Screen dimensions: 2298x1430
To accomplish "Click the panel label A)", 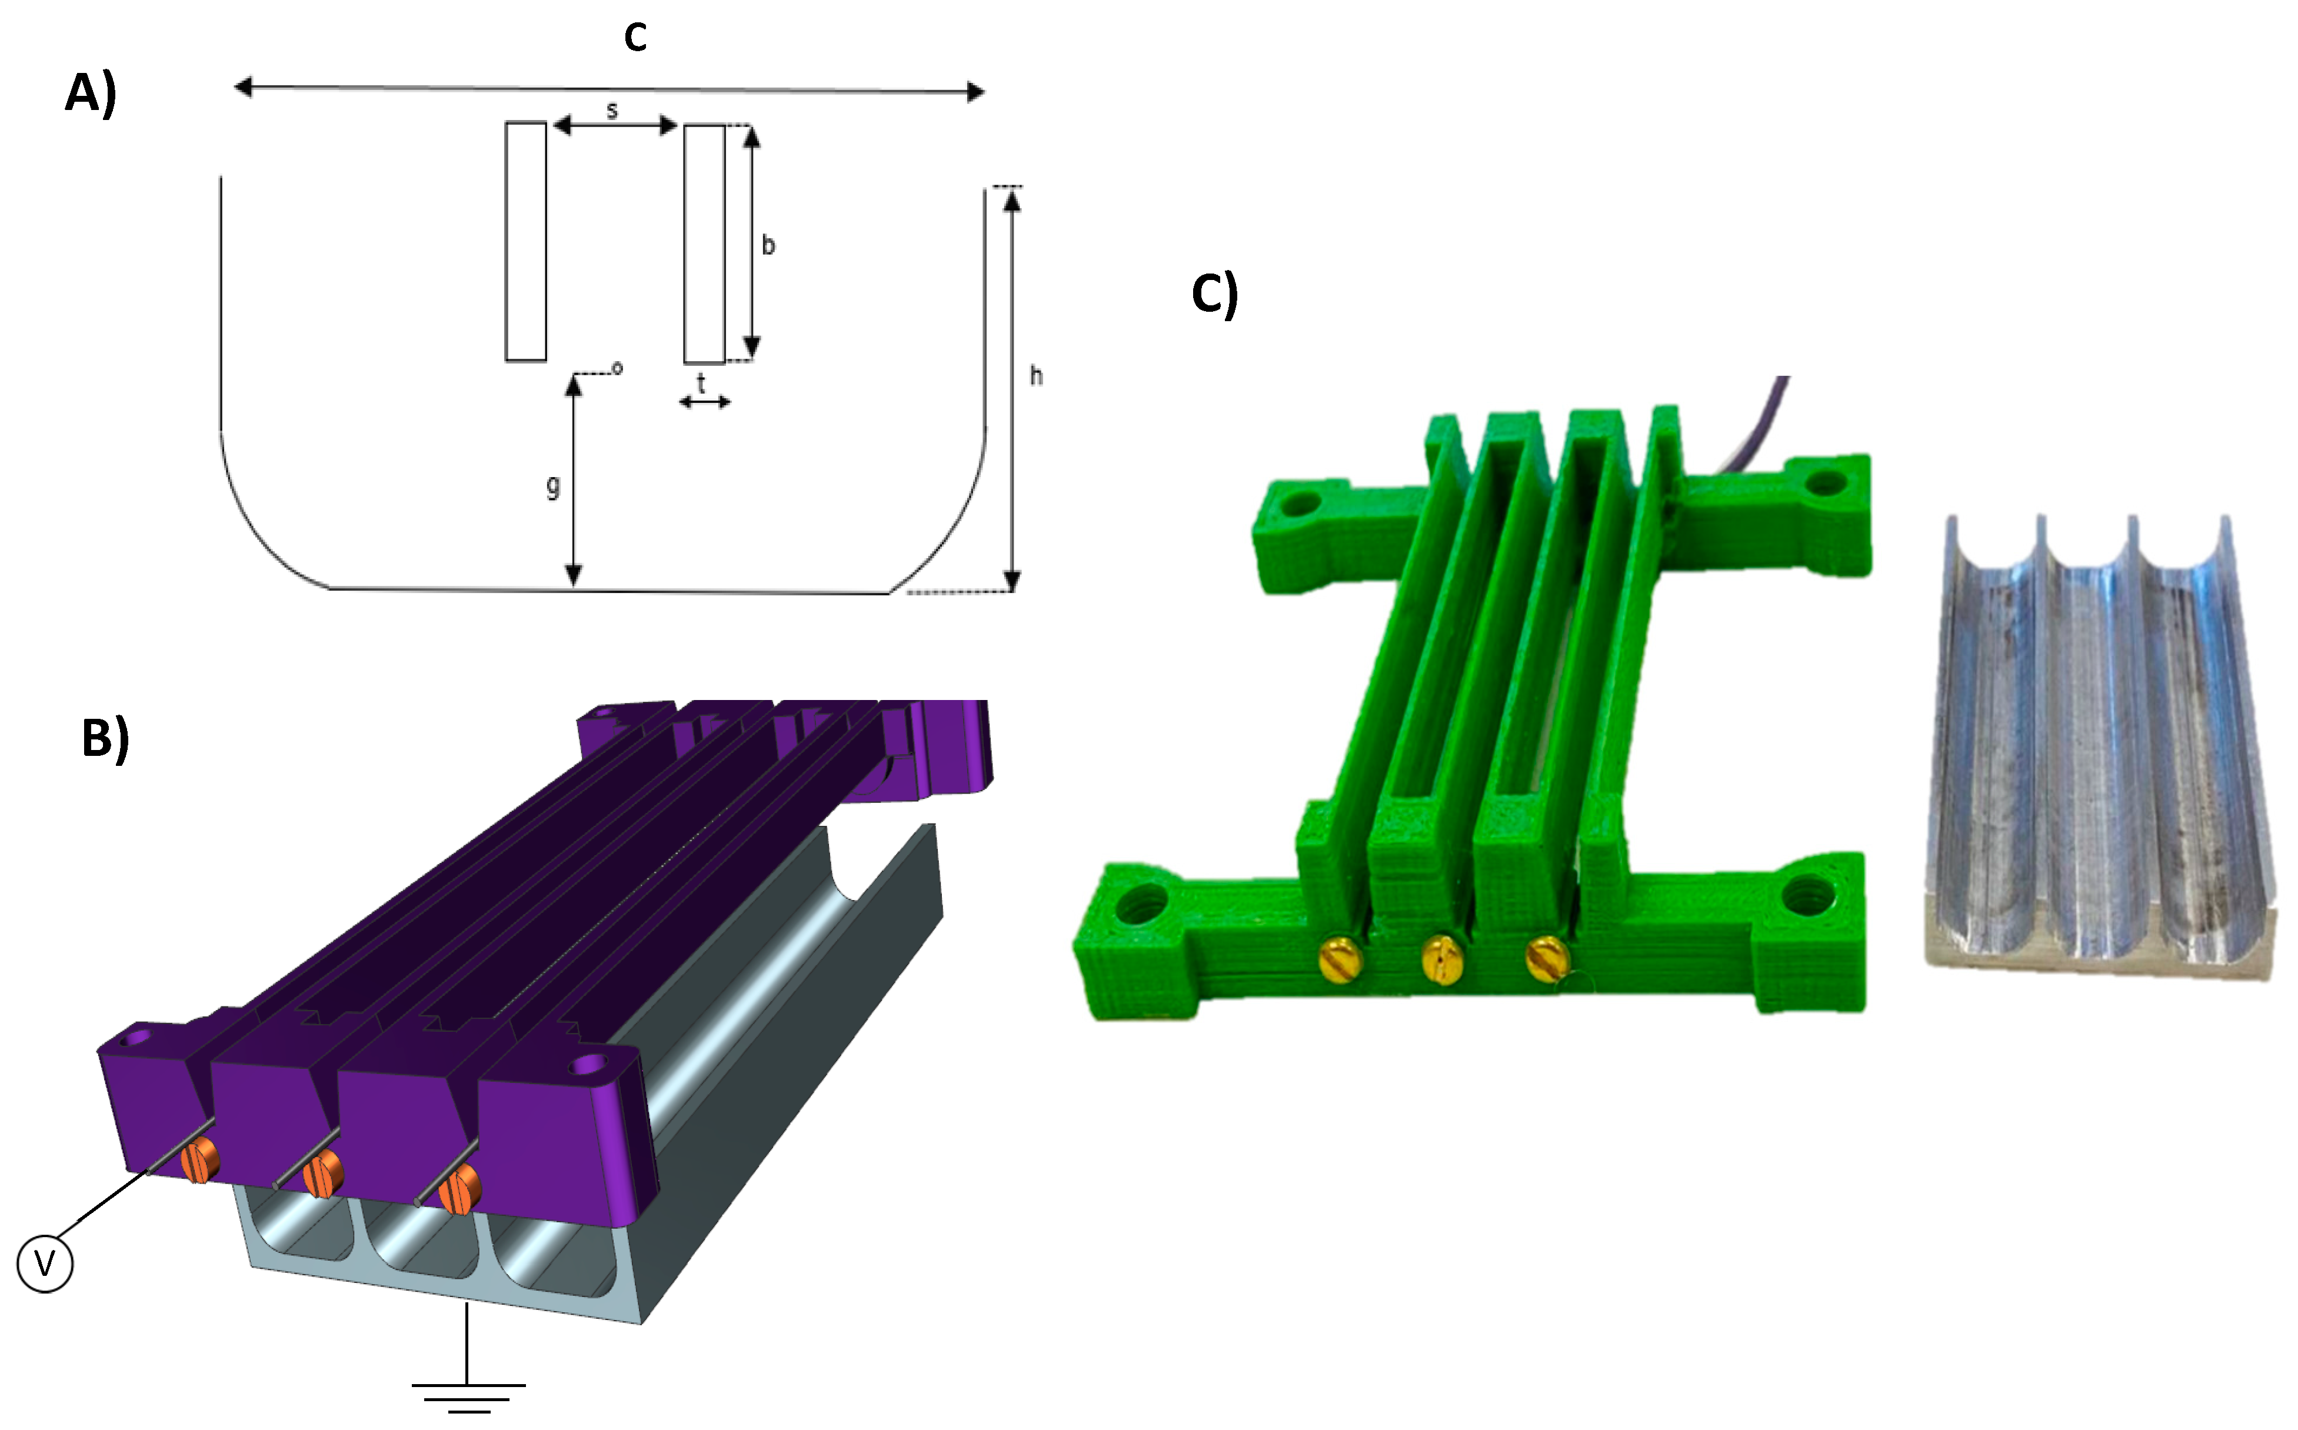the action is click(91, 95).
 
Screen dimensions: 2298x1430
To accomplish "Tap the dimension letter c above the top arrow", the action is click(635, 37).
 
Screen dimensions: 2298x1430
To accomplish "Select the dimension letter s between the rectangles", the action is click(612, 111).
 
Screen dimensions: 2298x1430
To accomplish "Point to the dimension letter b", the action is click(768, 245).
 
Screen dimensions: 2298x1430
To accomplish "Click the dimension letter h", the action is click(1037, 375).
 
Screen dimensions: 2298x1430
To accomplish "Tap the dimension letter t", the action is click(701, 383).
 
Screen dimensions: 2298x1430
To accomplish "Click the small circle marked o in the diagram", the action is click(618, 367).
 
